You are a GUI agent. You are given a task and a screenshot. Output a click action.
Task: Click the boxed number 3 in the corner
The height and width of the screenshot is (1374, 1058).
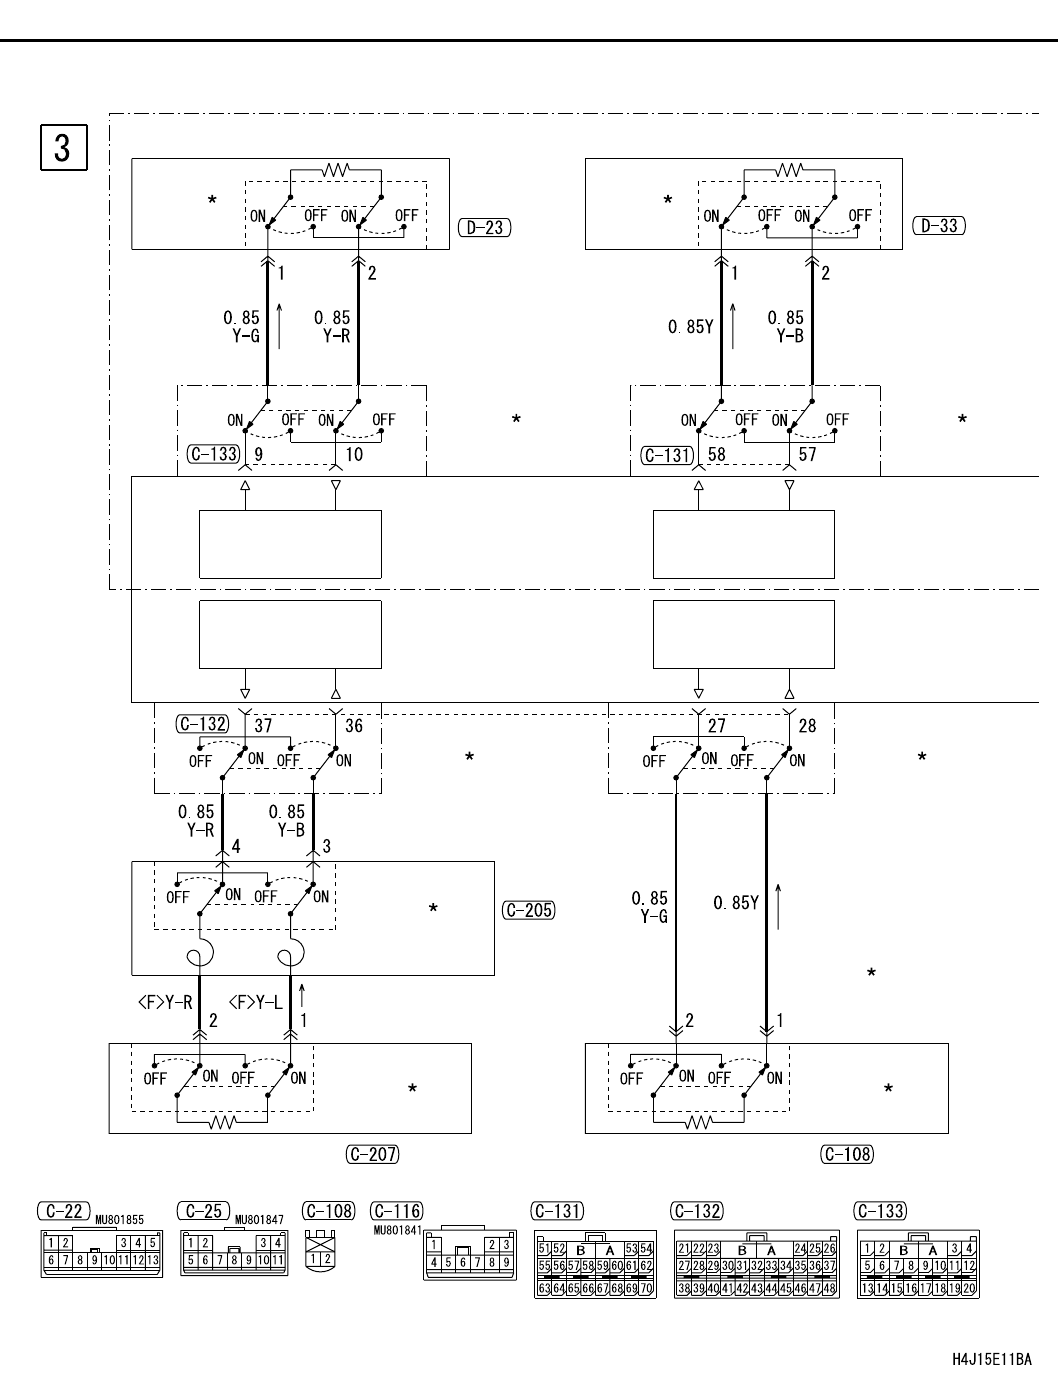(x=62, y=147)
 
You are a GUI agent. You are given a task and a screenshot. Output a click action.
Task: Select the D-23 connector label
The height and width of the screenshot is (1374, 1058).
(x=484, y=227)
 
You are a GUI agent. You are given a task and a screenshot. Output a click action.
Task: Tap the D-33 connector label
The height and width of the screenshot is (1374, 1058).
(x=939, y=225)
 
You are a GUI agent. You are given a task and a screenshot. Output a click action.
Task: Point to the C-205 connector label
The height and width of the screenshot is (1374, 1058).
(x=528, y=910)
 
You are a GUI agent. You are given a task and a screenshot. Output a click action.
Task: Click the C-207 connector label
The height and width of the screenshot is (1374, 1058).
(x=372, y=1154)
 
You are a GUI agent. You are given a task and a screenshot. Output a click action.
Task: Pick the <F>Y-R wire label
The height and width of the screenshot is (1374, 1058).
(x=164, y=1002)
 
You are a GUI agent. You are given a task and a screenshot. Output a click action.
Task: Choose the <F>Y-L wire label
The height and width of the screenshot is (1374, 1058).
(x=255, y=1002)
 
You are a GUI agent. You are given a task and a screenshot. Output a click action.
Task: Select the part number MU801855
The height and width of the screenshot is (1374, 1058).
(x=120, y=1220)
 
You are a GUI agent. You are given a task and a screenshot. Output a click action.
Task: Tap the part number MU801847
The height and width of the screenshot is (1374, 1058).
(x=261, y=1220)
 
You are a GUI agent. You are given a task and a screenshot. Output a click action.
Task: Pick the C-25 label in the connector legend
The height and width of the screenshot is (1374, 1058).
(x=204, y=1211)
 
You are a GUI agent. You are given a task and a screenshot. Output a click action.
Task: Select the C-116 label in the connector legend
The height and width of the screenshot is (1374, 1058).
(x=396, y=1211)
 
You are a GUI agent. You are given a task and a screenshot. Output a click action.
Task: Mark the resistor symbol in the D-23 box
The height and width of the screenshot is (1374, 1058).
(x=335, y=171)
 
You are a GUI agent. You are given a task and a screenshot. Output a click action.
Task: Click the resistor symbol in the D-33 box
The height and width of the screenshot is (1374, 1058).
(x=789, y=171)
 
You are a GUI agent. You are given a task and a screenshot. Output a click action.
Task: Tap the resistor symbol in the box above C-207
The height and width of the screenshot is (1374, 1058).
(x=221, y=1122)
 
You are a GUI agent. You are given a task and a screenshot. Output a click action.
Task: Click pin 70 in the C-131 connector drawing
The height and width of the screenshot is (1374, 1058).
(x=646, y=1289)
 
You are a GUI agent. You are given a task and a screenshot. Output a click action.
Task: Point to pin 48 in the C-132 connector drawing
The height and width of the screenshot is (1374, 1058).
(x=829, y=1289)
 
